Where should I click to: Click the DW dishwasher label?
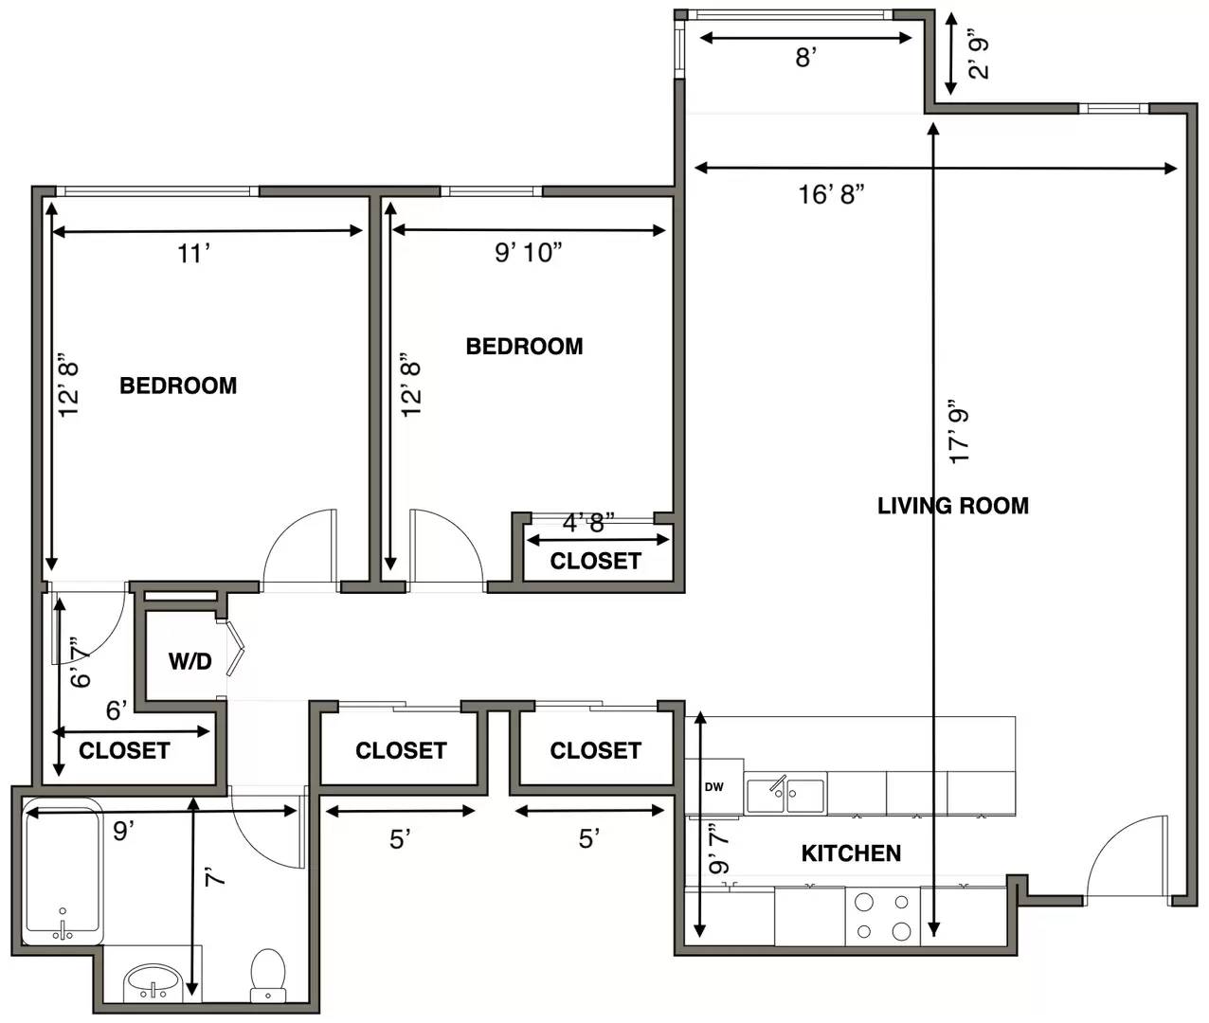(x=713, y=787)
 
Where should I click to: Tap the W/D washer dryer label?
(x=189, y=662)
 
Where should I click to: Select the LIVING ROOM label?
(x=952, y=506)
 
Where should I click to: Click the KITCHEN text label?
(x=851, y=853)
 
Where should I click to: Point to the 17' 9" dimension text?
(x=960, y=431)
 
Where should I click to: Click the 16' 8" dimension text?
(x=831, y=194)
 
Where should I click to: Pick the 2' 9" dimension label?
(x=978, y=54)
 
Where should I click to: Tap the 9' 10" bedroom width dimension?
(x=528, y=253)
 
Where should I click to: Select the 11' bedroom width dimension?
(x=193, y=254)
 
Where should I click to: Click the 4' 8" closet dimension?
(x=588, y=523)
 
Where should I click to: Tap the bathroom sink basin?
(x=152, y=979)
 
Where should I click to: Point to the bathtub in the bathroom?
(x=63, y=871)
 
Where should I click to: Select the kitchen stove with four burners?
(x=882, y=916)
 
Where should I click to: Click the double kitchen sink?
(x=785, y=795)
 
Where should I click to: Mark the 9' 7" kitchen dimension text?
(x=719, y=849)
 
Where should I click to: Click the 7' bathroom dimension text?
(x=216, y=878)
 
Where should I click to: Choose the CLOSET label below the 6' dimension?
(x=124, y=751)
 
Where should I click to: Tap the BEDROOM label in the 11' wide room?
(x=178, y=386)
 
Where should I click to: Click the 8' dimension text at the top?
(x=805, y=58)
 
